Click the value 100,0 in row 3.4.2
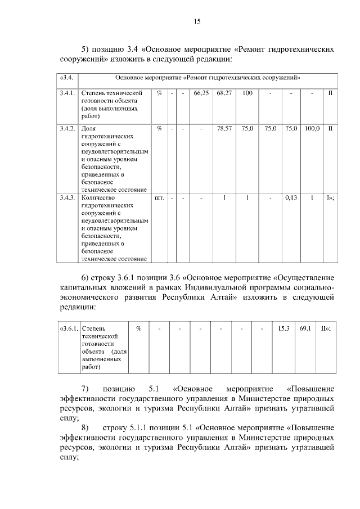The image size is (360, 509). [x=312, y=129]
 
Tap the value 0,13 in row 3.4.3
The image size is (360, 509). [x=291, y=198]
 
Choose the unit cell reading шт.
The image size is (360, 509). [x=159, y=198]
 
